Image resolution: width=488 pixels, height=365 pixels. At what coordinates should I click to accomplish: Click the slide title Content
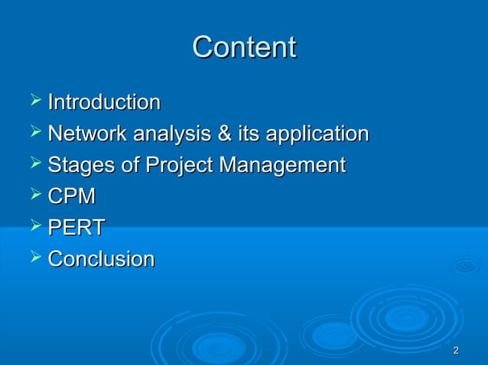tap(244, 47)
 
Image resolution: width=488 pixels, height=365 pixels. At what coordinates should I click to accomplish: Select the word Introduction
tap(104, 102)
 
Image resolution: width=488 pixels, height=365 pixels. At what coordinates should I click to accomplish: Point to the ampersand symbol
tap(225, 134)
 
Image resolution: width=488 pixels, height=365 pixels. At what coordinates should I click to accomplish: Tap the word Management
tap(283, 166)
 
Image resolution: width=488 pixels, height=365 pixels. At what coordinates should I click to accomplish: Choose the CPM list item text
tap(72, 197)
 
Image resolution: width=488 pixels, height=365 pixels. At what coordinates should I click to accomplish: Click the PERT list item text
tap(76, 228)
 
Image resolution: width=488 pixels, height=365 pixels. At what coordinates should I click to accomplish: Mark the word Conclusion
tap(101, 260)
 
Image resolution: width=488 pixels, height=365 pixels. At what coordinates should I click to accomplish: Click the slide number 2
tap(456, 350)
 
